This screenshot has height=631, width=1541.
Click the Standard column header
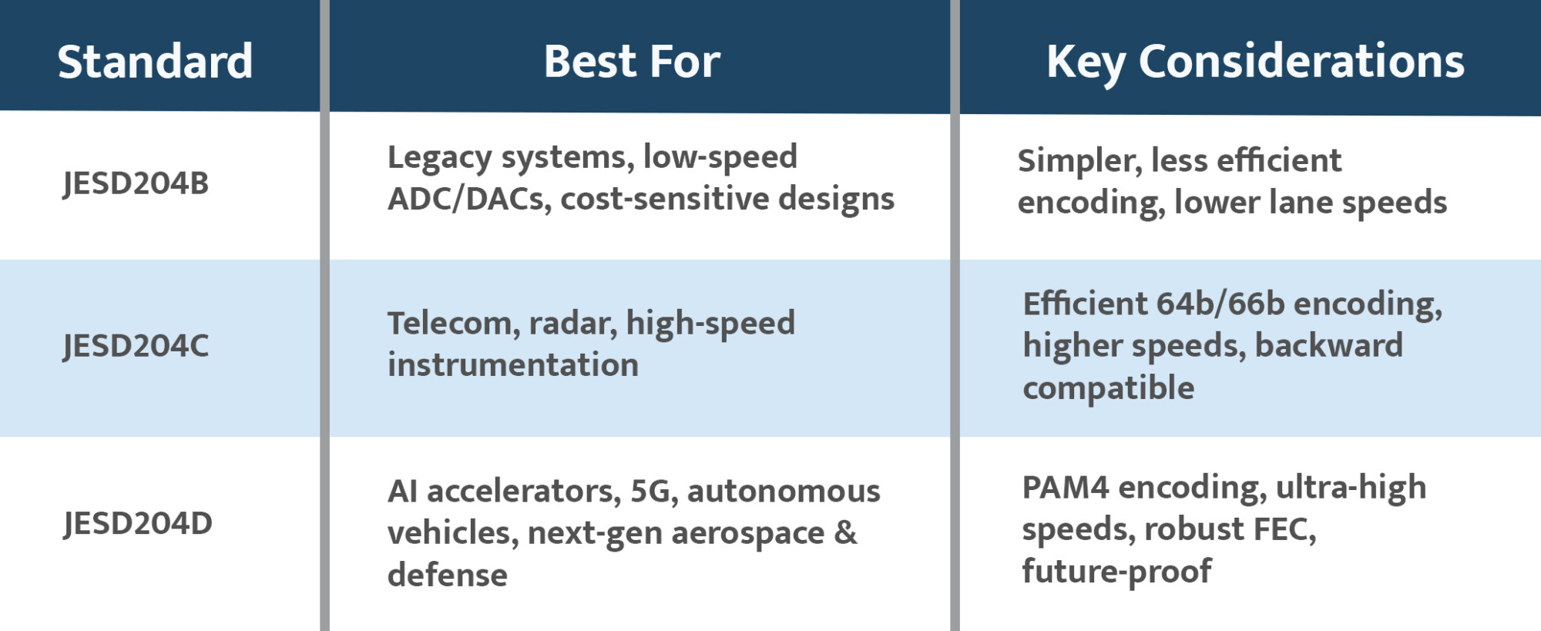155,62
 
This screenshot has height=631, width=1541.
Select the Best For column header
632,62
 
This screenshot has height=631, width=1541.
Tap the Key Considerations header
1254,62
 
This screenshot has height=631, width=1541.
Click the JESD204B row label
136,183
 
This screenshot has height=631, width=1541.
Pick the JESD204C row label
136,346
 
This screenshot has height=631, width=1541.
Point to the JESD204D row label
138,524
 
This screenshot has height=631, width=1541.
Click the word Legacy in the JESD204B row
439,158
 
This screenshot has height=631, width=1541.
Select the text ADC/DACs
469,200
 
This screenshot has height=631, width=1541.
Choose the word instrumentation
513,365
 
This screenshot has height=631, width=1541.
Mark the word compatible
1108,388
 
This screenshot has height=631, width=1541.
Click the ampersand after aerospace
845,533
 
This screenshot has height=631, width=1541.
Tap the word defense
447,576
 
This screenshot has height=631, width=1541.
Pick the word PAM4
1065,488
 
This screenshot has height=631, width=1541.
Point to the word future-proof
1116,572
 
